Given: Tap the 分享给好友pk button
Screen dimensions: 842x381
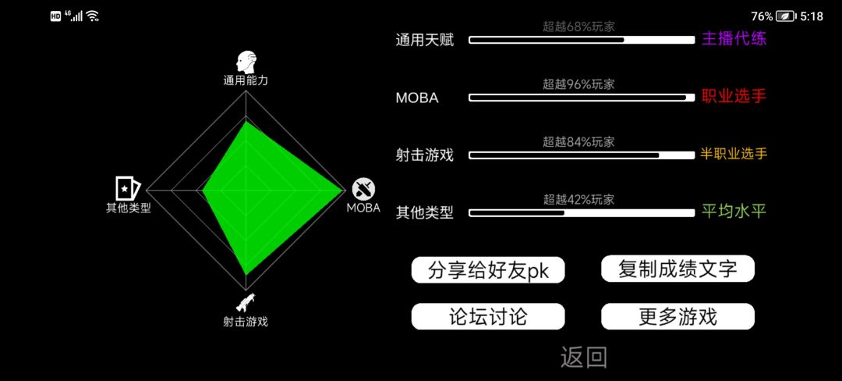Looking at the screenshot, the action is coord(488,270).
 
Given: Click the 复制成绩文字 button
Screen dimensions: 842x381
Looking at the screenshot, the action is coord(677,269).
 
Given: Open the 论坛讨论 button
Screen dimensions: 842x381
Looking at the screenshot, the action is coord(488,316).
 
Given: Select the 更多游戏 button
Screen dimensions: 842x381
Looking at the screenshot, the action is coord(677,316).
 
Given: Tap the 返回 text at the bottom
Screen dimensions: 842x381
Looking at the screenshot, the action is coord(584,358).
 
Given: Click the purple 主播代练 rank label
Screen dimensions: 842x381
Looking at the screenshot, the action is coord(734,39).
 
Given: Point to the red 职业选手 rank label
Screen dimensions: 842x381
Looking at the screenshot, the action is coord(734,97).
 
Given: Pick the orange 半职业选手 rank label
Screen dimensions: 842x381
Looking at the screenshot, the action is coord(734,155).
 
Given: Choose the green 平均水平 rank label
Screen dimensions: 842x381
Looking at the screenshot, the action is coord(734,212).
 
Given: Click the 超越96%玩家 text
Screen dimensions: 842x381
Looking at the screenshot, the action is coord(578,84).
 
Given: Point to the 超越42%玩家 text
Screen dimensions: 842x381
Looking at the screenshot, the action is coord(578,200).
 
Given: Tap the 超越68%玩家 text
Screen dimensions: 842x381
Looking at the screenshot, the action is coord(578,27).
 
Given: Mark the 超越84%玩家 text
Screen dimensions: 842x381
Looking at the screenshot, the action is coord(578,142).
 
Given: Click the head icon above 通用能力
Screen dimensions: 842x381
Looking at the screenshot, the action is coord(246,63).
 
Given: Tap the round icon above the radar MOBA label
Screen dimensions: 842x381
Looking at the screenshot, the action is coord(363,189).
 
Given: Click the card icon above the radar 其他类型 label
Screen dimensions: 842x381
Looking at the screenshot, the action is coord(128,188).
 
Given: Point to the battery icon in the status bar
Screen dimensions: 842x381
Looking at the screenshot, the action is coord(786,16).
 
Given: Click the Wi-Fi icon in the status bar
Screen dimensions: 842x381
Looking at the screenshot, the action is coord(93,16).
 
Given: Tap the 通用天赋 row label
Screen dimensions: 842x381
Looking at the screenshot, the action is coord(425,41).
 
